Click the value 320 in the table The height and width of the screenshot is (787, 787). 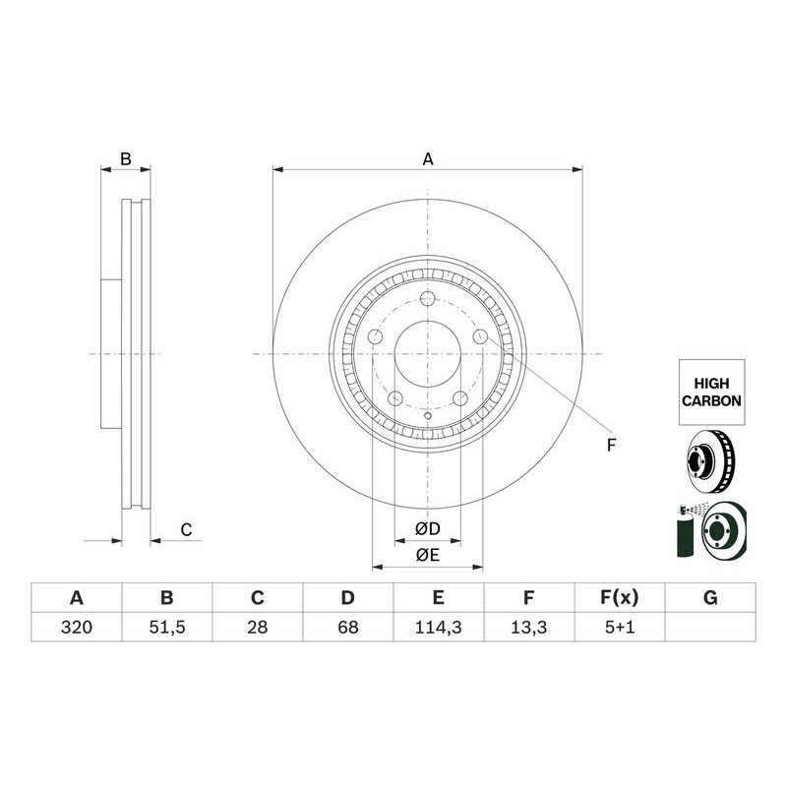77,627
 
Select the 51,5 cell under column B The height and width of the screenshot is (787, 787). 166,627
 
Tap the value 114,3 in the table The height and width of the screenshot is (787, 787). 438,627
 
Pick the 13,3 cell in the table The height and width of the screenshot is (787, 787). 528,627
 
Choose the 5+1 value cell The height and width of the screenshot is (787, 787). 620,627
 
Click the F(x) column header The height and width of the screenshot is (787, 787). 620,598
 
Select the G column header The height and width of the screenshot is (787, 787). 710,598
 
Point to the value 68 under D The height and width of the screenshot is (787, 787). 348,627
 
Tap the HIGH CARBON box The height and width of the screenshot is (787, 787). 711,392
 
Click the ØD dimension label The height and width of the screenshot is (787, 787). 428,528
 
